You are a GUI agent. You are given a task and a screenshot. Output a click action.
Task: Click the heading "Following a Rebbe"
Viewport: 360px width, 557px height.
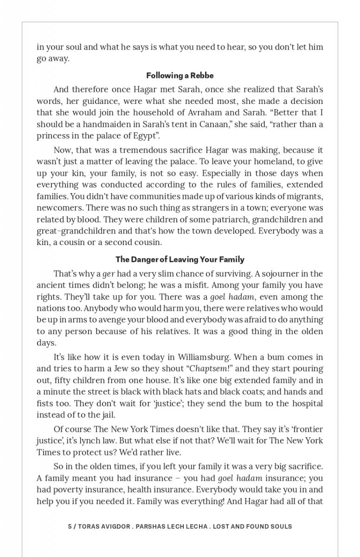click(x=180, y=75)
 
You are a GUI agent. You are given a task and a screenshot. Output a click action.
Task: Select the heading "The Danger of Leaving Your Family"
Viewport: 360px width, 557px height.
click(x=180, y=259)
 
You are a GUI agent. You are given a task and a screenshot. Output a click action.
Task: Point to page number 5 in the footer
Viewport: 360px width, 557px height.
click(x=70, y=526)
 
